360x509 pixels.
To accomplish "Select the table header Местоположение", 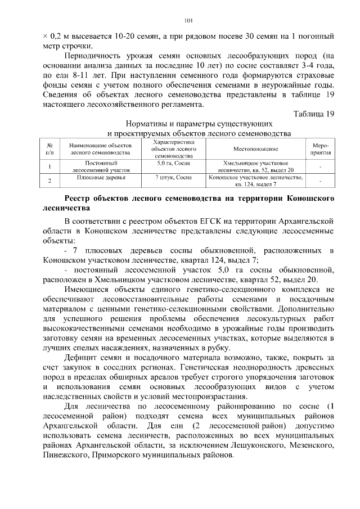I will point(256,149).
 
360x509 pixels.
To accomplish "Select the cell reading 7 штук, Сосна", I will point(174,178).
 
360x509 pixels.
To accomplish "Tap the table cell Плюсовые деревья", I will point(101,178).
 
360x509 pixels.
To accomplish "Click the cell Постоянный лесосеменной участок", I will point(101,165).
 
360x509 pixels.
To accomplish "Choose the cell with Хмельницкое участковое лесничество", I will point(256,165).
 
